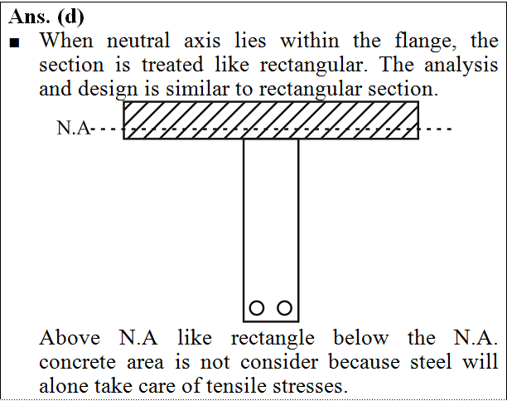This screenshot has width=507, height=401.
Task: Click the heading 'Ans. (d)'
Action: [46, 17]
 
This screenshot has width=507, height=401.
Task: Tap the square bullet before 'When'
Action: [15, 43]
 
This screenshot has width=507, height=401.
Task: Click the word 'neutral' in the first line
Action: [138, 41]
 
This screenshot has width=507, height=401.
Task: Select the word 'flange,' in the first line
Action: [425, 42]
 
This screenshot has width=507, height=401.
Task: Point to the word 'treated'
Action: [172, 65]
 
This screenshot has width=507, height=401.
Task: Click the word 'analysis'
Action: [461, 66]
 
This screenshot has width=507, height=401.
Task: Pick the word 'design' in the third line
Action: [108, 89]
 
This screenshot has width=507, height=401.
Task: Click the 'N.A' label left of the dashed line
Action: [74, 128]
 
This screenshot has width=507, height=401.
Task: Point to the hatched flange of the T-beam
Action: [271, 120]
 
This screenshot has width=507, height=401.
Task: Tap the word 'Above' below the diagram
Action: [70, 338]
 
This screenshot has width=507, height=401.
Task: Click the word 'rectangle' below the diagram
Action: [273, 339]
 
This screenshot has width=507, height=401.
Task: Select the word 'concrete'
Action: [77, 362]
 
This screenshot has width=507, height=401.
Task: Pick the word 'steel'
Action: [431, 361]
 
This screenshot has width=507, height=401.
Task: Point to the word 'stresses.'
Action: [310, 386]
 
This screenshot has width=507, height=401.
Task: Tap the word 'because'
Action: [365, 361]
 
